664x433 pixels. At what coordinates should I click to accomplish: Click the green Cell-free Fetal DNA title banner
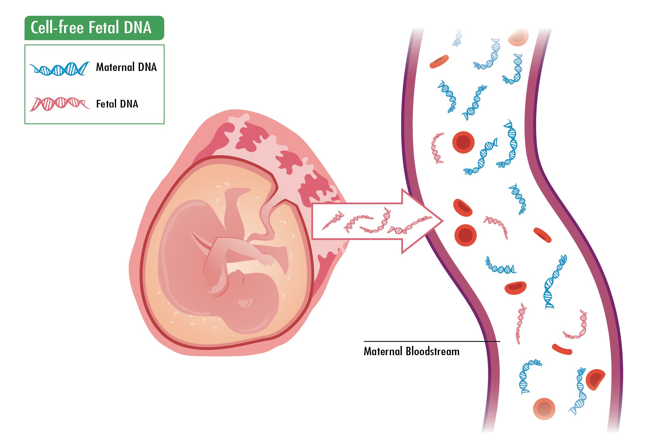pyautogui.click(x=94, y=28)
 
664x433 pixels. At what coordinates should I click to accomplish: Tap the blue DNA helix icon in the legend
pyautogui.click(x=59, y=68)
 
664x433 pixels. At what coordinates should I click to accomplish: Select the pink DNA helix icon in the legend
pyautogui.click(x=59, y=104)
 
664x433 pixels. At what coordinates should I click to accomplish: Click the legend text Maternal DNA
pyautogui.click(x=126, y=67)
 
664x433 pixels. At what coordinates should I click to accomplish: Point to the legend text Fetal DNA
pyautogui.click(x=117, y=104)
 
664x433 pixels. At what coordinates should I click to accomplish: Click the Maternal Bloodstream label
pyautogui.click(x=411, y=351)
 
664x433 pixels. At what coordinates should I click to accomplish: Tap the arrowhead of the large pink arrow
pyautogui.click(x=423, y=221)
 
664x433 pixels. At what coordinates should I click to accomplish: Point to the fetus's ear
pyautogui.click(x=248, y=281)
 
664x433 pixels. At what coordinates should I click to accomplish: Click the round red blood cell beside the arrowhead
pyautogui.click(x=465, y=235)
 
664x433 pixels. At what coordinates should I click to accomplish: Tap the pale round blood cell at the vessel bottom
pyautogui.click(x=544, y=409)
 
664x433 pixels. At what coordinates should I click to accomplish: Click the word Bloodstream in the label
pyautogui.click(x=432, y=351)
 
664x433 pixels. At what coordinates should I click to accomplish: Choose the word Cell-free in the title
pyautogui.click(x=57, y=27)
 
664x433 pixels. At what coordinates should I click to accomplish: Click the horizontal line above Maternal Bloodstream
pyautogui.click(x=432, y=342)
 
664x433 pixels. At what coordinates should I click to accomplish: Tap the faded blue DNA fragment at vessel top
pyautogui.click(x=457, y=37)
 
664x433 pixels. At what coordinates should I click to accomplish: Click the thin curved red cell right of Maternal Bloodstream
pyautogui.click(x=562, y=349)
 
